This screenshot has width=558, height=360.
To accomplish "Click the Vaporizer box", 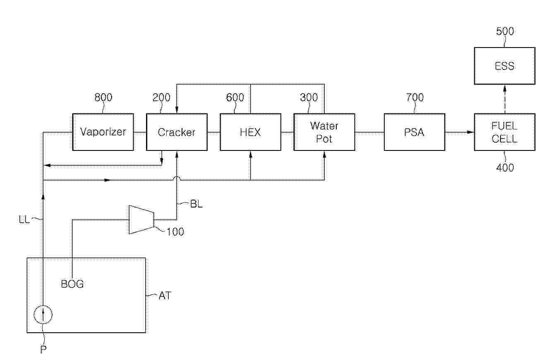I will pyautogui.click(x=103, y=132).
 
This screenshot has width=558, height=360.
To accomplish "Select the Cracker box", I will pyautogui.click(x=177, y=132).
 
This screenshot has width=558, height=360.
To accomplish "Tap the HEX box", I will pyautogui.click(x=250, y=132).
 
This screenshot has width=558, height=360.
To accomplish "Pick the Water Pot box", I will pyautogui.click(x=324, y=132).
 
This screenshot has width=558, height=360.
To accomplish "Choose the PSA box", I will pyautogui.click(x=414, y=132).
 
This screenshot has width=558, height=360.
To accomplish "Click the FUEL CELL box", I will pyautogui.click(x=504, y=132).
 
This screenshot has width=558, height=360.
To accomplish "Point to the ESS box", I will pyautogui.click(x=504, y=66).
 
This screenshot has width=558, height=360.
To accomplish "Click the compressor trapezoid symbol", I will pyautogui.click(x=141, y=219).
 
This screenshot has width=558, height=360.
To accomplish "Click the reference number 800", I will pyautogui.click(x=103, y=98).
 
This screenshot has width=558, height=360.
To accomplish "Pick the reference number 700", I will pyautogui.click(x=414, y=98).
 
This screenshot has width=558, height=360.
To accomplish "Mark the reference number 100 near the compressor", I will pyautogui.click(x=175, y=231).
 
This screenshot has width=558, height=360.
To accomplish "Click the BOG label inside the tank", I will pyautogui.click(x=72, y=284).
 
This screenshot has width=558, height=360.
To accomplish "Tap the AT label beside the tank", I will pyautogui.click(x=164, y=296).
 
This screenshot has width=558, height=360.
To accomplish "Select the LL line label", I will pyautogui.click(x=24, y=219).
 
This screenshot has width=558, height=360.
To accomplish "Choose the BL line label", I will pyautogui.click(x=196, y=204).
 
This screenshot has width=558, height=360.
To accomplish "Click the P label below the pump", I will pyautogui.click(x=43, y=349).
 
